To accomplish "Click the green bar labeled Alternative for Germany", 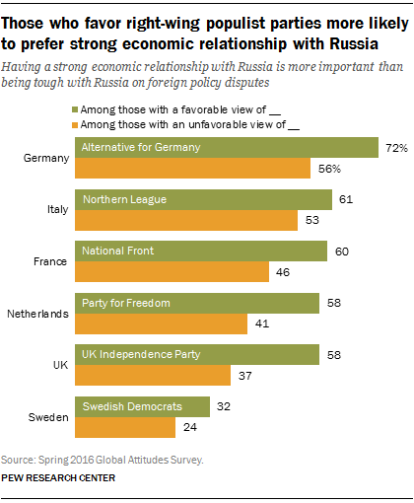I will pos(227,148).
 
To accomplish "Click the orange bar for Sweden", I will pos(124,425).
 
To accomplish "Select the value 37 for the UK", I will pos(247,374).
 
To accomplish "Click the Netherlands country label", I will pos(37,313).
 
